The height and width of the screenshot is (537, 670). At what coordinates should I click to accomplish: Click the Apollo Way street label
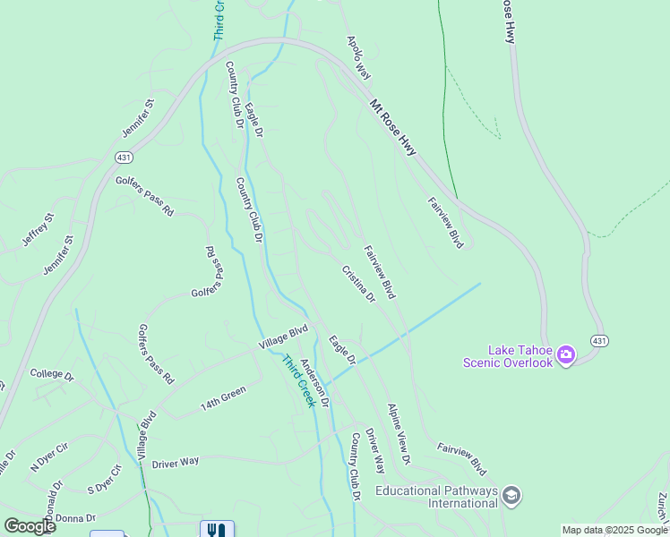pyautogui.click(x=358, y=58)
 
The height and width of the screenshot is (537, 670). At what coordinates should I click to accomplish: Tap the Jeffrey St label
pyautogui.click(x=39, y=230)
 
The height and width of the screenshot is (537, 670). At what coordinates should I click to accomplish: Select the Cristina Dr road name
pyautogui.click(x=357, y=284)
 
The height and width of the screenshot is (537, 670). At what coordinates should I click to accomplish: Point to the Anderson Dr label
pyautogui.click(x=314, y=382)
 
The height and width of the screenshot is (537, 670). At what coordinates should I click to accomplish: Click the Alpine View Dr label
pyautogui.click(x=399, y=434)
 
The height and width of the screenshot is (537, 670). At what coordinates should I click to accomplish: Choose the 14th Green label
pyautogui.click(x=222, y=398)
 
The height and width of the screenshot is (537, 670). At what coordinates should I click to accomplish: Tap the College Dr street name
pyautogui.click(x=51, y=374)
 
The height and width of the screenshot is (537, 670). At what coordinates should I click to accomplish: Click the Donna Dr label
pyautogui.click(x=75, y=518)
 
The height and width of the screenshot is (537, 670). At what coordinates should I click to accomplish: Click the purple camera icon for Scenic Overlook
pyautogui.click(x=566, y=356)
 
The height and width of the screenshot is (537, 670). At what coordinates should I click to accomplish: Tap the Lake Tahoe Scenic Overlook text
pyautogui.click(x=508, y=356)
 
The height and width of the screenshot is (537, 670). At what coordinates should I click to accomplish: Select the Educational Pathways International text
pyautogui.click(x=435, y=497)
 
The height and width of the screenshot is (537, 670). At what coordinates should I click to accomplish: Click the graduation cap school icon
pyautogui.click(x=511, y=496)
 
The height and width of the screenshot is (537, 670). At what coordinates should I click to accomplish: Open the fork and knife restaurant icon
pyautogui.click(x=217, y=530)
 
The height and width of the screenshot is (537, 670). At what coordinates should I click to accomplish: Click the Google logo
pyautogui.click(x=30, y=526)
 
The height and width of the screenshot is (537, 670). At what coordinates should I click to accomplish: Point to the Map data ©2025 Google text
pyautogui.click(x=615, y=530)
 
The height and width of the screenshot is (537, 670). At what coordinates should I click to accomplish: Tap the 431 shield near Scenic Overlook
pyautogui.click(x=600, y=340)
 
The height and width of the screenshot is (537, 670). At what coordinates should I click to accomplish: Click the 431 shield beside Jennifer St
pyautogui.click(x=124, y=157)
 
